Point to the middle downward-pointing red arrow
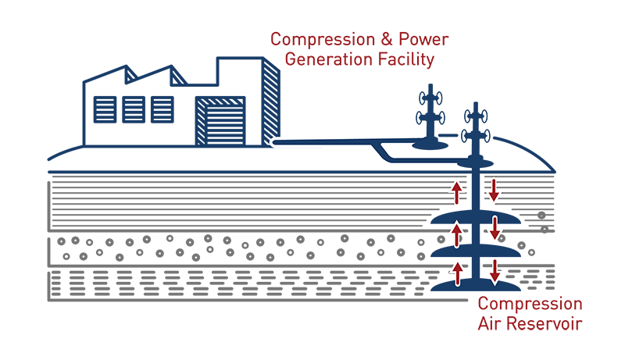click(494, 231)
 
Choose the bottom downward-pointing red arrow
click(494, 272)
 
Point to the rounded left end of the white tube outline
click(273, 142)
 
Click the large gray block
click(234, 250)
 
